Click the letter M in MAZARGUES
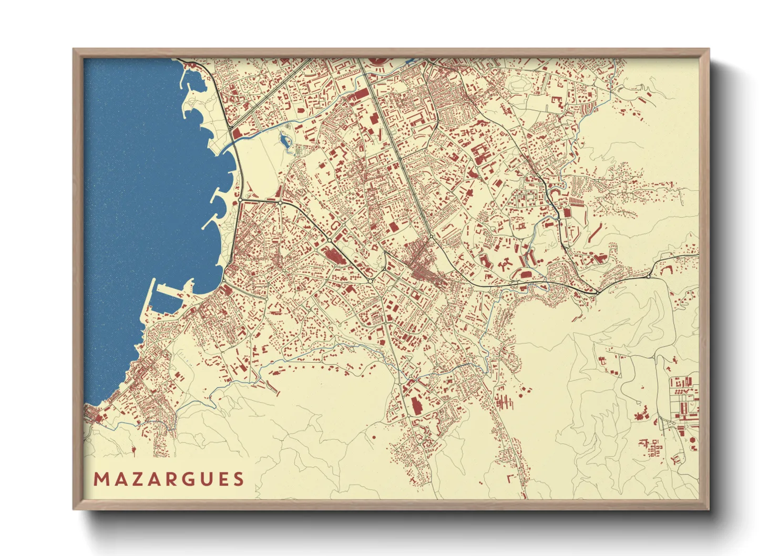100,479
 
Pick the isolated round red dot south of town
374,437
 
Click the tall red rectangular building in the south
416,406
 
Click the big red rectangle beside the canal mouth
237,133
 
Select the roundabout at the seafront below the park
240,200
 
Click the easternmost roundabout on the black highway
649,276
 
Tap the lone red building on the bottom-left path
134,450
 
